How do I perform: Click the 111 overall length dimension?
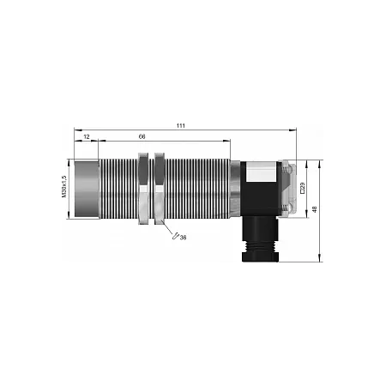tap(181, 125)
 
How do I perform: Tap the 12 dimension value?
tap(87, 137)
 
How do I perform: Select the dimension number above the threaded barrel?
tap(142, 136)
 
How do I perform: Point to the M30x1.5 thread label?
tap(63, 186)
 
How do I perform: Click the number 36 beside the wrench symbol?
tap(183, 238)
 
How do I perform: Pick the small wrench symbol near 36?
tap(175, 236)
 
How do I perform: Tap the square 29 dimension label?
tap(303, 188)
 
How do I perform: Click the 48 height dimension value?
tap(315, 209)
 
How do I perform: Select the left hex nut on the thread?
tap(143, 189)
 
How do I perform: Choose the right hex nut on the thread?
tap(160, 189)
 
